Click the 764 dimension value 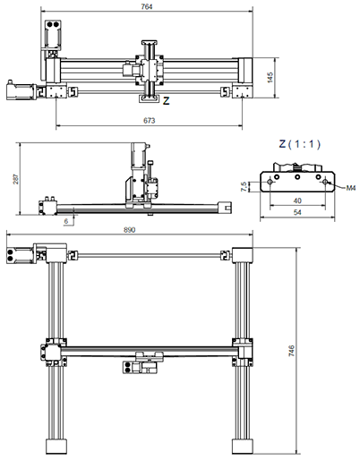[x=146, y=7]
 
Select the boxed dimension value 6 [x=65, y=219]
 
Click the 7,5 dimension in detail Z [x=244, y=186]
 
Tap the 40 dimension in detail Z [x=296, y=201]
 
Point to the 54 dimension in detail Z [x=296, y=216]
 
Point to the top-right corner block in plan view [x=243, y=254]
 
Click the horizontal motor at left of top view [x=18, y=89]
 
